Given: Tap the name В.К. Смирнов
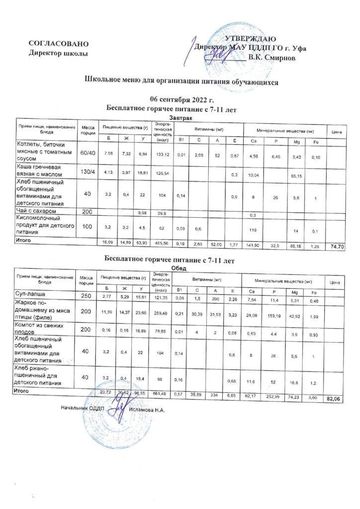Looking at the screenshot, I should coord(271,58).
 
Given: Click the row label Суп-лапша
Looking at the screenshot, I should coord(32,295).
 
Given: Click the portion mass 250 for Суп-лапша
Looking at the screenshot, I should coord(87,296).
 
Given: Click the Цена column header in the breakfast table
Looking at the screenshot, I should coord(335,131).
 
